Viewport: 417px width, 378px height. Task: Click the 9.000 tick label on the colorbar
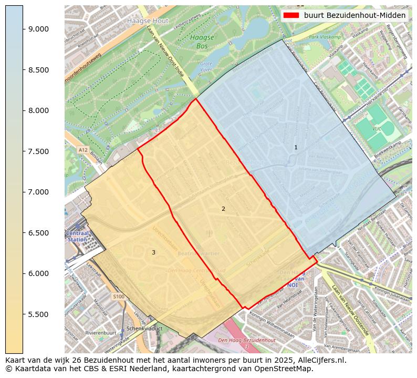[x=39, y=29]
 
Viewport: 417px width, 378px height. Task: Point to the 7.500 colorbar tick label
[x=39, y=151]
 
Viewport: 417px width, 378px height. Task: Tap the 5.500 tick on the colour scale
[x=39, y=314]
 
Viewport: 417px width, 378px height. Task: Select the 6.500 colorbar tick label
[x=39, y=233]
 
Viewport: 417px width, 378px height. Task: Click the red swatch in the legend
[x=291, y=15]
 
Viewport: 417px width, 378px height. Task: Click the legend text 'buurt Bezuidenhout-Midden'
[x=355, y=15]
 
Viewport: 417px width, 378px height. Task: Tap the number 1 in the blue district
[x=296, y=148]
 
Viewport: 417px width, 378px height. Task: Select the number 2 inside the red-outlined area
[x=223, y=209]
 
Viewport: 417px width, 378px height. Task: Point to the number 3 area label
[x=153, y=252]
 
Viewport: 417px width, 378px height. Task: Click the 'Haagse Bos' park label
[x=202, y=42]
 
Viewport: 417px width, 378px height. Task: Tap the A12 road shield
[x=83, y=150]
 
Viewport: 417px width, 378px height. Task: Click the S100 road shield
[x=119, y=297]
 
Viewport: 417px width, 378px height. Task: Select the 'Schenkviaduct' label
[x=144, y=329]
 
